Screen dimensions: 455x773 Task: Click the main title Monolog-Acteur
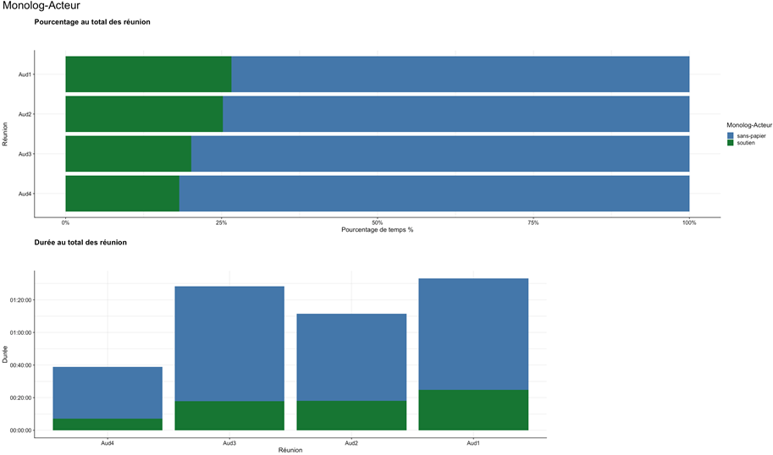coord(41,7)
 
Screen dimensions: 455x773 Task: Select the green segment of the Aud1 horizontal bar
coord(148,74)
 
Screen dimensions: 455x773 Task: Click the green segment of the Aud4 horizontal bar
coord(122,194)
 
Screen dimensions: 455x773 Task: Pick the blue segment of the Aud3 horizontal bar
coord(440,154)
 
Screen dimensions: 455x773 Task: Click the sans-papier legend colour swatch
coord(731,135)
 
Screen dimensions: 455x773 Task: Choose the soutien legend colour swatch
coord(731,143)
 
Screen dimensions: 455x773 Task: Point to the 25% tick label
coord(221,223)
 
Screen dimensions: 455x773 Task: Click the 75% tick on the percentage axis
coord(533,223)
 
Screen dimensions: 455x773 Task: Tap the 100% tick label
coord(689,223)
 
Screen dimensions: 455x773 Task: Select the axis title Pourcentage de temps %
coord(378,230)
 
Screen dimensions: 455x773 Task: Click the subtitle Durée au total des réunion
coord(81,243)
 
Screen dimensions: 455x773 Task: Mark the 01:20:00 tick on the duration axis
coord(20,300)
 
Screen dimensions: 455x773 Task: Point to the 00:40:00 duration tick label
coord(20,365)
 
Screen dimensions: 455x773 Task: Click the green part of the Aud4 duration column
coord(108,425)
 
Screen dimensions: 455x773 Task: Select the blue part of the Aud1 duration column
coord(473,334)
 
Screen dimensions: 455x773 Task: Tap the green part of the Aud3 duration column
coord(229,415)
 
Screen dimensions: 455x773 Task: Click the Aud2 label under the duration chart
coord(351,442)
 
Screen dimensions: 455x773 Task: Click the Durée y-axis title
coord(6,354)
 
